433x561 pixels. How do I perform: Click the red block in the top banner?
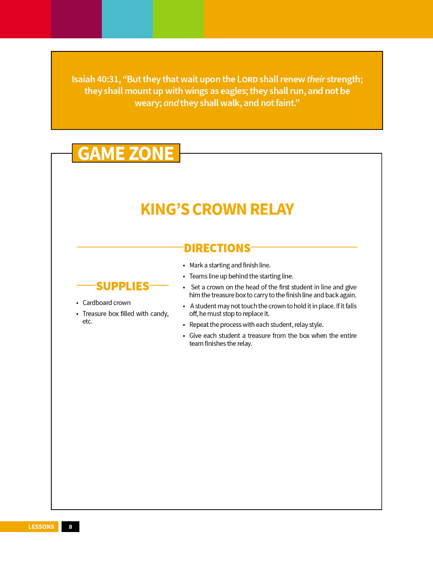point(25,19)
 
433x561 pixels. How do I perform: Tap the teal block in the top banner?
point(127,19)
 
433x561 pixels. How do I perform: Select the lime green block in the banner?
point(178,19)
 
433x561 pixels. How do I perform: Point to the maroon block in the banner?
point(76,19)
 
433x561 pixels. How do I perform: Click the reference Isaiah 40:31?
point(96,79)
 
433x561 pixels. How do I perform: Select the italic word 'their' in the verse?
point(316,79)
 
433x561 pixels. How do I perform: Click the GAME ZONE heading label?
point(126,153)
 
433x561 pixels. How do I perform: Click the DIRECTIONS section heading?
point(217,248)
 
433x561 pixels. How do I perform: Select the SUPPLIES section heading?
point(122,286)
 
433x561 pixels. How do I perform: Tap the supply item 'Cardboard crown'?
point(106,302)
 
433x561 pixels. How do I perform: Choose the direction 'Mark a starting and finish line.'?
point(230,265)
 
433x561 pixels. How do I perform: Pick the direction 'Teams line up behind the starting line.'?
point(241,276)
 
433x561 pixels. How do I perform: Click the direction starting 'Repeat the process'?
point(256,324)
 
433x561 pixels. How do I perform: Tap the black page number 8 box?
point(71,527)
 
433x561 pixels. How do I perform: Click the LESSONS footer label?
point(41,527)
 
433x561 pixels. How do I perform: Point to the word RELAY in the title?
point(272,209)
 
